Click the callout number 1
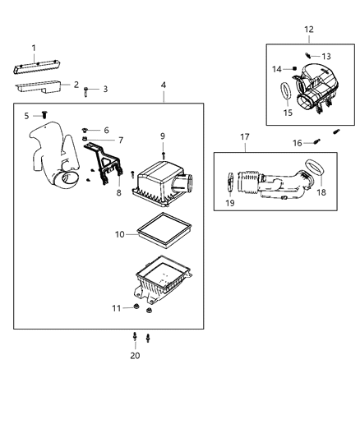(34, 48)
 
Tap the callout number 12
(308, 30)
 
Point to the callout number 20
(135, 356)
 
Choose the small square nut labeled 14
(293, 69)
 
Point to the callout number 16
(298, 142)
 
